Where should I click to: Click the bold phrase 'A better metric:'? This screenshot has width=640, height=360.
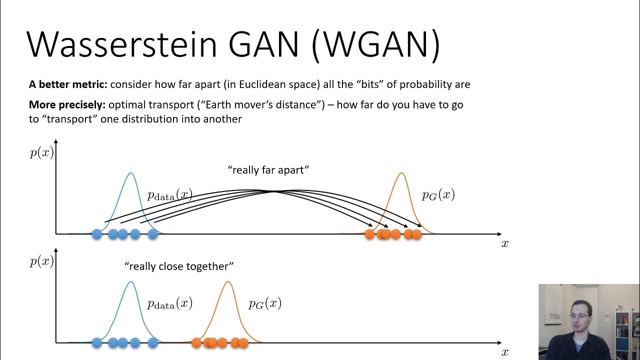[x=68, y=84]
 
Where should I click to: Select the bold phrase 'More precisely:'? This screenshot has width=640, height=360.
[x=67, y=105]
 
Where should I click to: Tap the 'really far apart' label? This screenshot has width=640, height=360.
[x=268, y=170]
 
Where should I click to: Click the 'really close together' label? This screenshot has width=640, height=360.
[x=179, y=266]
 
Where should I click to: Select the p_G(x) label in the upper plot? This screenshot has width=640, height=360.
[x=438, y=195]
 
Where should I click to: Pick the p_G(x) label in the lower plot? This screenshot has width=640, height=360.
[x=265, y=303]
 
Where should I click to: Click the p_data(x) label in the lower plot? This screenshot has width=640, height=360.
[x=169, y=303]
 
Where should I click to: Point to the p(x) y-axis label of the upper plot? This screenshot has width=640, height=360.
[x=41, y=152]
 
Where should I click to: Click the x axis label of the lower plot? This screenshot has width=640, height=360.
[x=505, y=352]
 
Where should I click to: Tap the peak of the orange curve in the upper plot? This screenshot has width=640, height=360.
[x=401, y=173]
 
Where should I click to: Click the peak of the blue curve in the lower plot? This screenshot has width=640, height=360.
[x=130, y=281]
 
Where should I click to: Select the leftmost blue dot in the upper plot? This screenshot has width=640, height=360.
[x=97, y=233]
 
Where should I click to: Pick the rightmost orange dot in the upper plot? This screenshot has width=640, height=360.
[x=416, y=233]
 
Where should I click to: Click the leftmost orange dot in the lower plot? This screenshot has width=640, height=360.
[x=196, y=342]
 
